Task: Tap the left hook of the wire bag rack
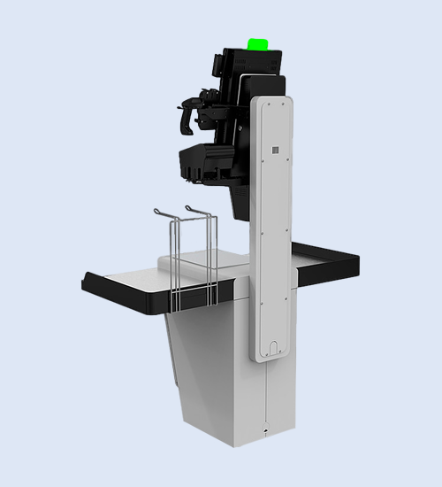[x=158, y=213]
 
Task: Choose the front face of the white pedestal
[x=221, y=372]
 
